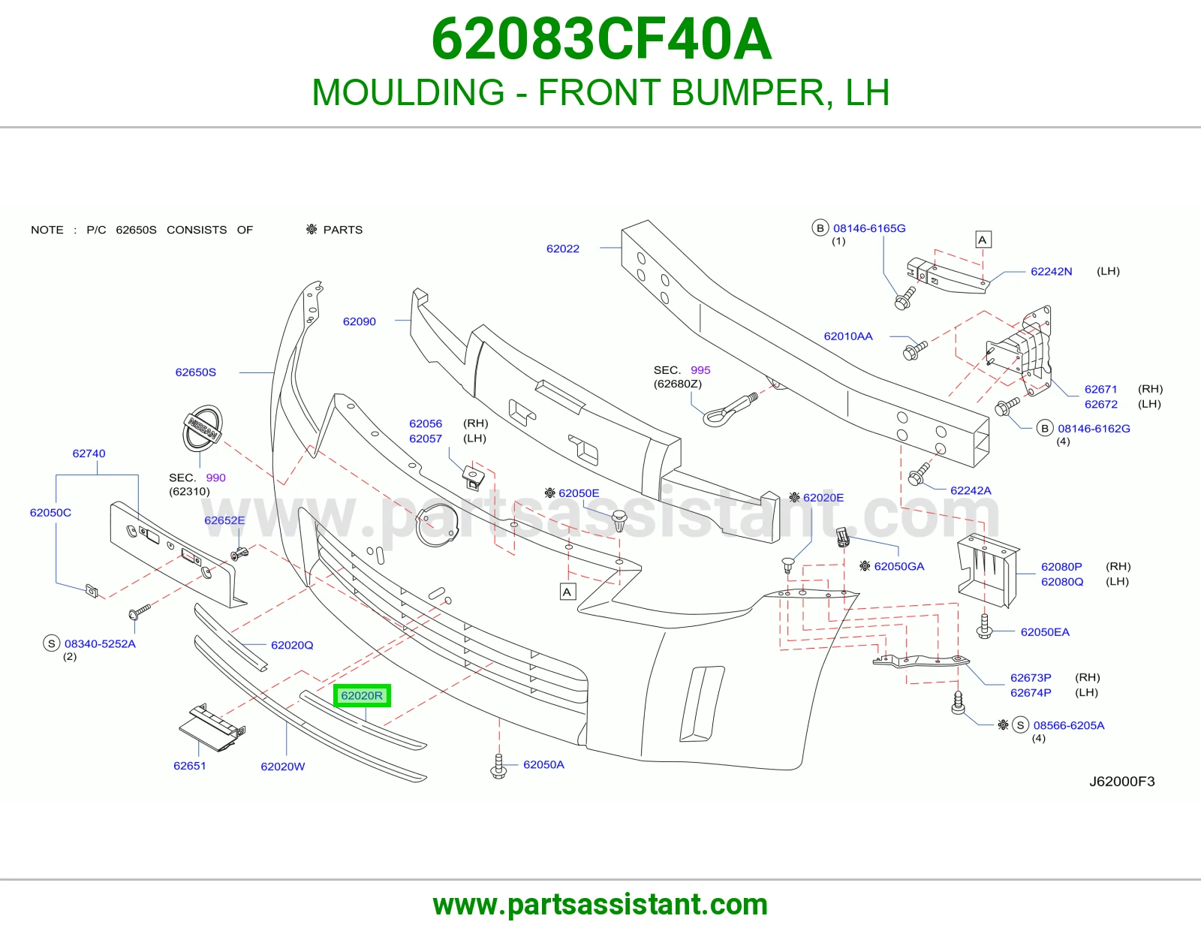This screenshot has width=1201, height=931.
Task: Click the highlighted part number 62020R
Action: click(x=362, y=695)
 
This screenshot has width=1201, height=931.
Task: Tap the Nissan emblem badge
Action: click(x=203, y=428)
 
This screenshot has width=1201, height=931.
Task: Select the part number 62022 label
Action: click(x=563, y=249)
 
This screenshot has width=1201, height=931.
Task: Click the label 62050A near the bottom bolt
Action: click(x=544, y=764)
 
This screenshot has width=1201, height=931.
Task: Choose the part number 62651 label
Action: click(x=190, y=766)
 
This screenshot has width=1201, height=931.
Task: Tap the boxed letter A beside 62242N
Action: click(x=983, y=240)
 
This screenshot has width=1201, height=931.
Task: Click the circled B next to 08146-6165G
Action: click(x=820, y=227)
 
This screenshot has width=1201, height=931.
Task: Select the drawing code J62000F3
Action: click(x=1122, y=781)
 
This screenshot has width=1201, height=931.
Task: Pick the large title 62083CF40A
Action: click(x=601, y=39)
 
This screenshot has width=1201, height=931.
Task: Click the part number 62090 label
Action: click(x=360, y=321)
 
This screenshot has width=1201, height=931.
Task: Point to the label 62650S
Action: click(x=196, y=372)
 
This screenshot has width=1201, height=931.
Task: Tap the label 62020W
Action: click(x=283, y=767)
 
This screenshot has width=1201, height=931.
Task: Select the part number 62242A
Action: click(x=971, y=490)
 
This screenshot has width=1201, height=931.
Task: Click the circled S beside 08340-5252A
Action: click(x=51, y=643)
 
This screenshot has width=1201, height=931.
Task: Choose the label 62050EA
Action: click(x=1045, y=632)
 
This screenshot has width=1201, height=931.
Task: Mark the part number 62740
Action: click(x=89, y=453)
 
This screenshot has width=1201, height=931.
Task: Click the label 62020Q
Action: click(x=293, y=645)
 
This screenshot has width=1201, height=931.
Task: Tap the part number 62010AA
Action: click(x=848, y=336)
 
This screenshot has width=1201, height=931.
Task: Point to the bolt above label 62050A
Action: click(x=498, y=767)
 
